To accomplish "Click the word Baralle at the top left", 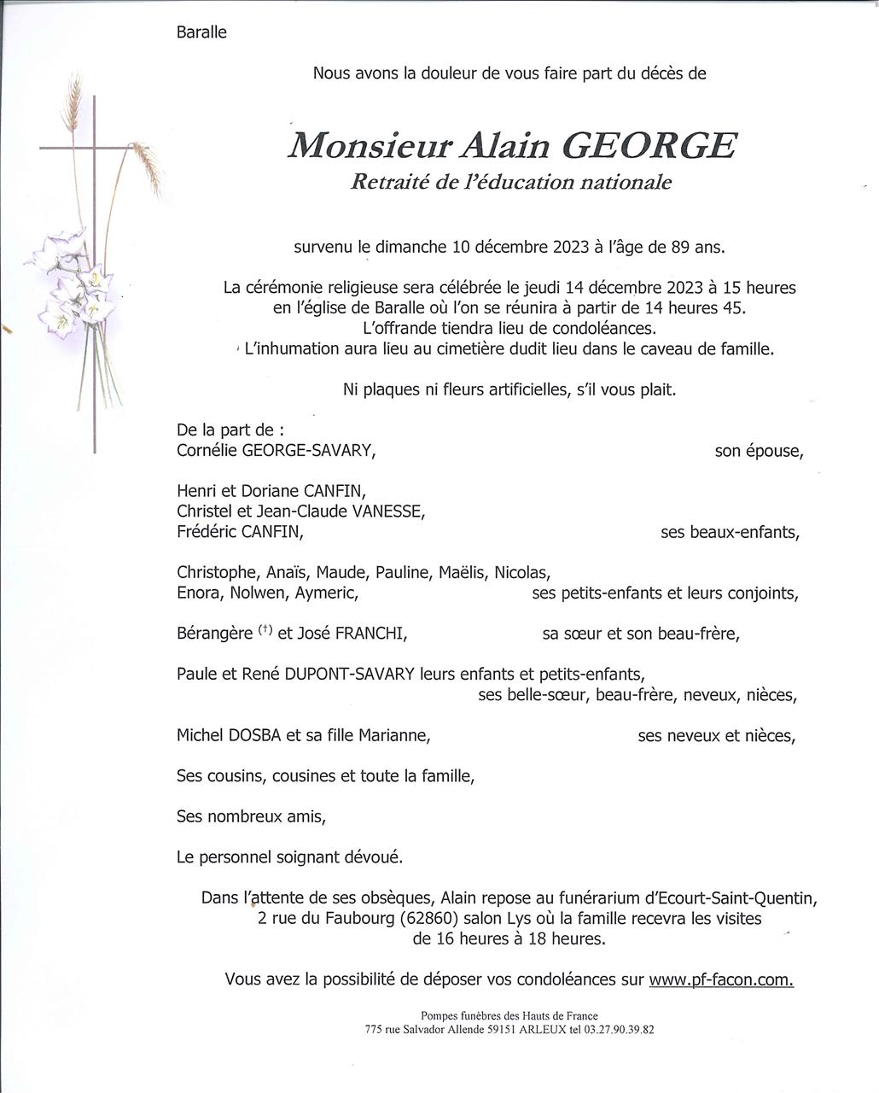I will point(201,33).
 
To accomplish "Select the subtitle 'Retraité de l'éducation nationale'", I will point(510,182).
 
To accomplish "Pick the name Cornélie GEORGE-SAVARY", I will point(276,451).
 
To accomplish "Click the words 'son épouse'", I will point(758,452).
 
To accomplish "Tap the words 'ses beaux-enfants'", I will point(730,533).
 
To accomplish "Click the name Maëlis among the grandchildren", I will point(463,572).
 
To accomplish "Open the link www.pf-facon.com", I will point(721,979).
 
